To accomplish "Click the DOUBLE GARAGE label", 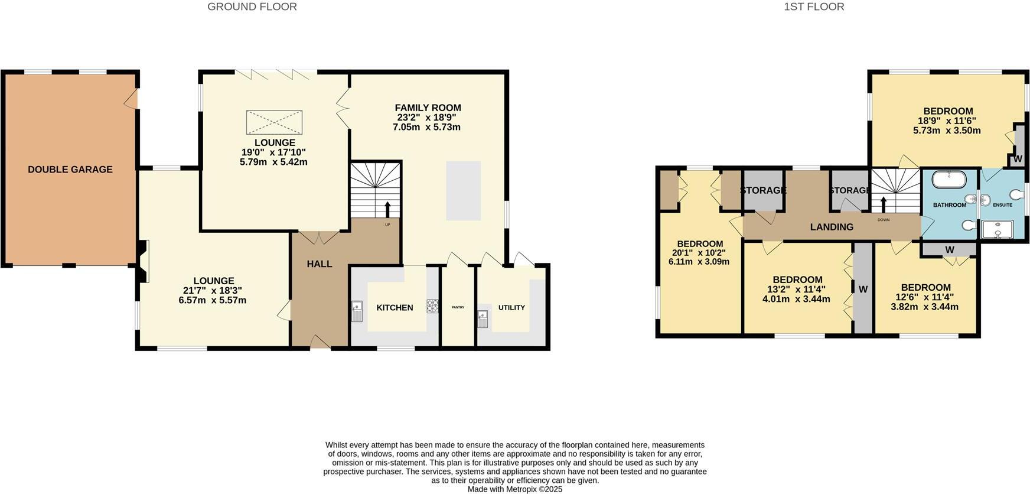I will [x=70, y=170].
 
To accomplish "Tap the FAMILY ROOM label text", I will [x=428, y=108].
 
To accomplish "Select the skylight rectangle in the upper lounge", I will [x=274, y=122].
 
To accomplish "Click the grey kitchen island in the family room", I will [x=463, y=190].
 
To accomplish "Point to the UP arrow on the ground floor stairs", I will [x=388, y=209].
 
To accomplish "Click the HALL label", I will [x=319, y=264].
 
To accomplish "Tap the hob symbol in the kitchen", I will [x=432, y=305].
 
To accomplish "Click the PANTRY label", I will [x=458, y=307].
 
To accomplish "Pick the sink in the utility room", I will [x=483, y=318].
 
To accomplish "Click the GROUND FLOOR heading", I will [x=252, y=7].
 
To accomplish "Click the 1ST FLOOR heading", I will [x=814, y=7].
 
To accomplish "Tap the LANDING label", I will [x=831, y=227].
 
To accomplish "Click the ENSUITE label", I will [x=1002, y=205].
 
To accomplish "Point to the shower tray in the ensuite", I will [x=997, y=230].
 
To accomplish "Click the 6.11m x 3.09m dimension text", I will [x=699, y=261].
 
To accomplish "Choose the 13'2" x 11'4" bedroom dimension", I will [x=797, y=290].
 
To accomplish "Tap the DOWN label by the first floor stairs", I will [x=883, y=220].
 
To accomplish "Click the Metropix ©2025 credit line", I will [x=514, y=489].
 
